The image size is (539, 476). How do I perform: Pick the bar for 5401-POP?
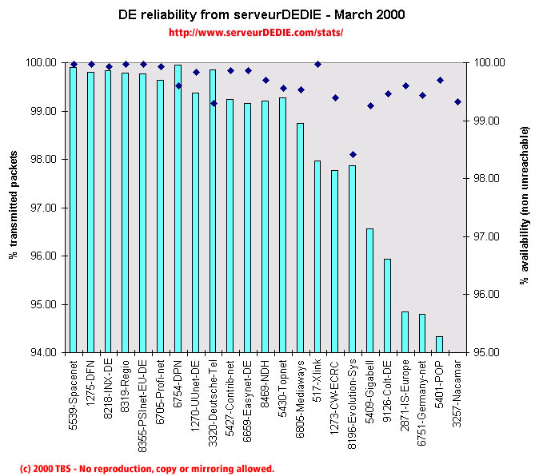(x=440, y=344)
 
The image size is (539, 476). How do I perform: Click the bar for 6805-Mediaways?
(x=301, y=237)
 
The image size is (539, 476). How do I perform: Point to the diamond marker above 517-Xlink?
(x=317, y=64)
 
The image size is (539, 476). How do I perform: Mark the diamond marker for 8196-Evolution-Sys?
(x=353, y=154)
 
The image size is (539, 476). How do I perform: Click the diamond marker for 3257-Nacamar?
(x=457, y=101)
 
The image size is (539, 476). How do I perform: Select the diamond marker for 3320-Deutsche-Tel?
(x=214, y=103)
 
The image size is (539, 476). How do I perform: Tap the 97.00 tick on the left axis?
(x=43, y=208)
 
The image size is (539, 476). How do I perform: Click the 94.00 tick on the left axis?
(x=43, y=352)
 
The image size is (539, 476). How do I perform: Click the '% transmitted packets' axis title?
(x=14, y=208)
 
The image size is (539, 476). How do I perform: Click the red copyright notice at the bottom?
(x=146, y=469)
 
